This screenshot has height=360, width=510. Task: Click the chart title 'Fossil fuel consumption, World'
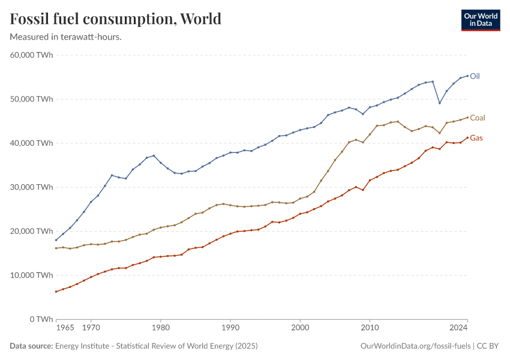coord(116,19)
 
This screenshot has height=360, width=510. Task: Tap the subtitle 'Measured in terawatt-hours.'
coord(66,37)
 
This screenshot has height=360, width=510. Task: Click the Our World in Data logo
coord(480,20)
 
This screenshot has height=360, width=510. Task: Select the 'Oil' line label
coord(475,76)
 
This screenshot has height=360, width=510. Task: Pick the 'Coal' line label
coord(478,118)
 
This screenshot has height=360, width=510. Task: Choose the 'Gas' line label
coord(476,138)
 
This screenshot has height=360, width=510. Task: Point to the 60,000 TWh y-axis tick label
coord(32,55)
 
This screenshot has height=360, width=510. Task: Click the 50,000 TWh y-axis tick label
coord(32,99)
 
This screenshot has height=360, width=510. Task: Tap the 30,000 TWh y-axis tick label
coord(32,187)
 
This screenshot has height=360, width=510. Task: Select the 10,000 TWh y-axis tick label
coord(32,275)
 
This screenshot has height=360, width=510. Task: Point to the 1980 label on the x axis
coord(160,328)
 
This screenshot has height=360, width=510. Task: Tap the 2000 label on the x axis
coord(300,328)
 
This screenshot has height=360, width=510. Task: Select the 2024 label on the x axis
coord(458,328)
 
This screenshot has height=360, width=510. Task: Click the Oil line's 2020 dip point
coord(440,103)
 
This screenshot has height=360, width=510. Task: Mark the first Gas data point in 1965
coord(56,292)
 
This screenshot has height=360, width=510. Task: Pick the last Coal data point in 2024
coord(467,118)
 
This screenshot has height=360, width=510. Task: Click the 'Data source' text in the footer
coord(31,346)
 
